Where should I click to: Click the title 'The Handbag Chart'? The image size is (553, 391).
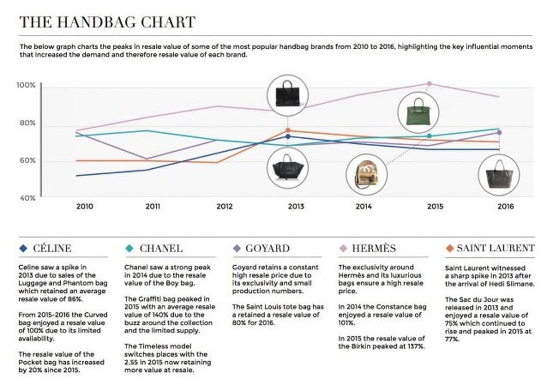pyautogui.click(x=107, y=23)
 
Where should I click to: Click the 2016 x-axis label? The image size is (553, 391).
pyautogui.click(x=506, y=207)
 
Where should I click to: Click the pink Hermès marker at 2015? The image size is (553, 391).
pyautogui.click(x=429, y=84)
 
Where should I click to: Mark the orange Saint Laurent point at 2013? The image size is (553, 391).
pyautogui.click(x=288, y=131)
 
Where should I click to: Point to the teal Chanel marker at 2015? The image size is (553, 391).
pyautogui.click(x=429, y=136)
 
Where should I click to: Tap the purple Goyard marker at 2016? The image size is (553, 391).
pyautogui.click(x=499, y=133)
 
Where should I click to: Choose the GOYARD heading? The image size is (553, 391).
pyautogui.click(x=269, y=248)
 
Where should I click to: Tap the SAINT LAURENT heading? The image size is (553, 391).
pyautogui.click(x=495, y=248)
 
